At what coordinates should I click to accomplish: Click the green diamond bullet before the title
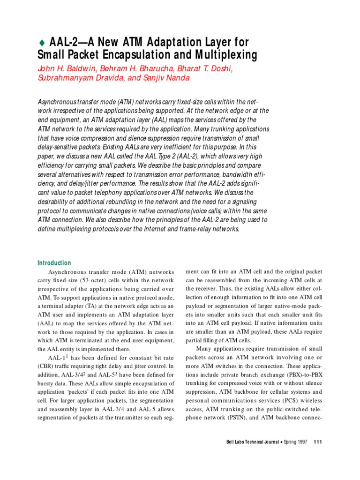click(x=40, y=42)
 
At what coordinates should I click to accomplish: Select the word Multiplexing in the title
click(x=228, y=56)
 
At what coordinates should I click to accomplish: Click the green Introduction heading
click(x=54, y=263)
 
